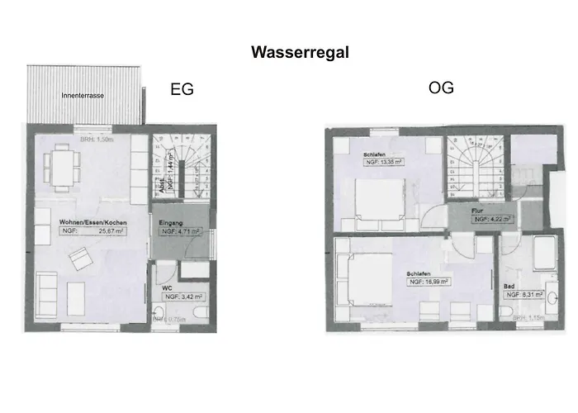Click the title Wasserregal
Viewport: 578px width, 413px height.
coord(300,53)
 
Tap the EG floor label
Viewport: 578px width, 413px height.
coord(182,90)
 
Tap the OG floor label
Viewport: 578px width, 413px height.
coord(441,88)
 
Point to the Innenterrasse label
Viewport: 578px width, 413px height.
coord(83,97)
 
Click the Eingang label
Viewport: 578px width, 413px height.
coord(172,223)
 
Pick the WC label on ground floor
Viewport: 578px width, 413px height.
coord(167,287)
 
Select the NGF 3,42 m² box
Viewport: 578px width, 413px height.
coord(182,296)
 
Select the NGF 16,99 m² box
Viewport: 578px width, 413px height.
coord(427,282)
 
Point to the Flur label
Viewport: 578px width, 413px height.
coord(476,211)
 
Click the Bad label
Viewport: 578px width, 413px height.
coord(509,285)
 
